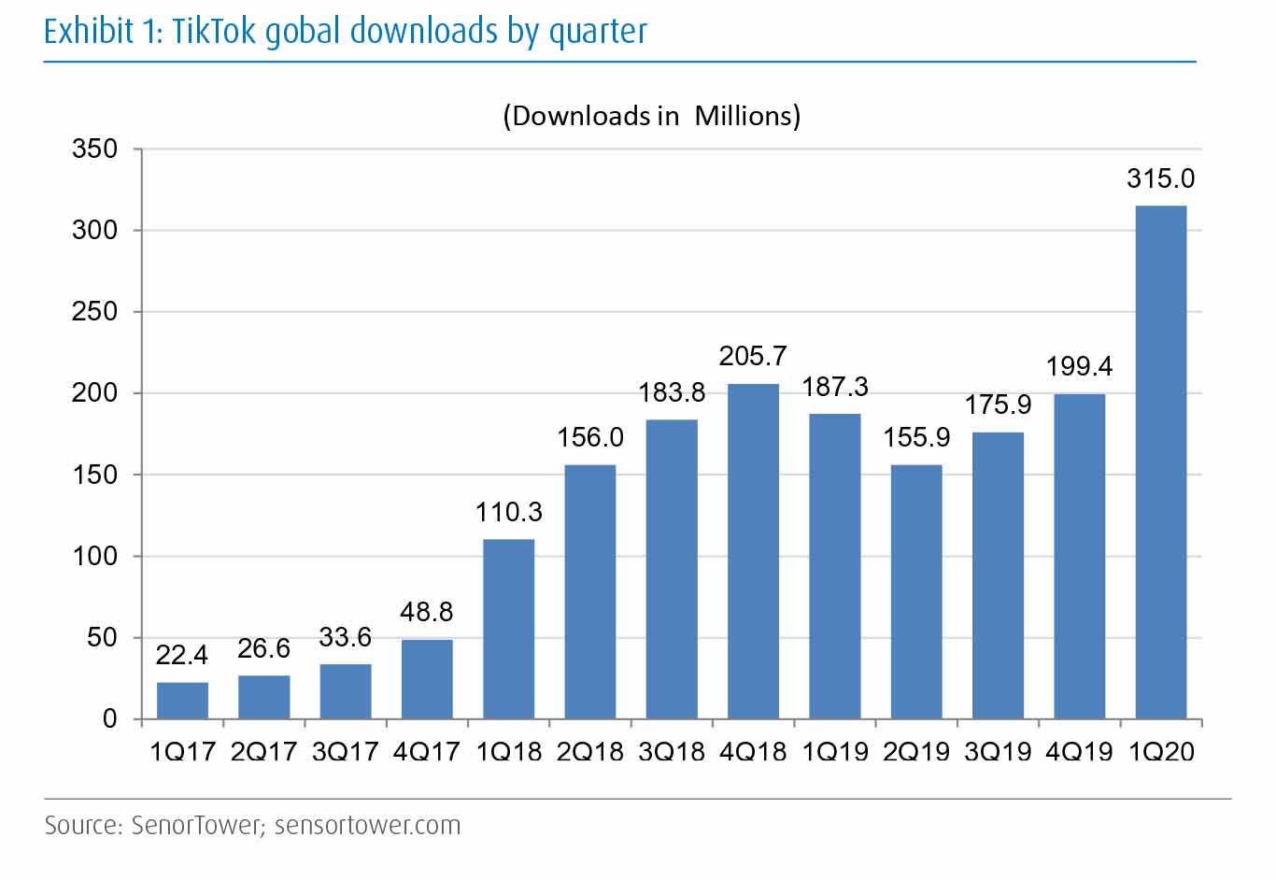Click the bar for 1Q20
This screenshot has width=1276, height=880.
(x=1160, y=462)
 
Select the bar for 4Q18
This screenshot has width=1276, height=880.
(x=753, y=551)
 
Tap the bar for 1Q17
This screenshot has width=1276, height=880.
(x=182, y=701)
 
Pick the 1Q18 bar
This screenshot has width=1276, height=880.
(x=508, y=629)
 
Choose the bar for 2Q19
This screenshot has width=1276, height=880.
(x=916, y=591)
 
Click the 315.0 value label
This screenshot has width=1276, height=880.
(x=1160, y=178)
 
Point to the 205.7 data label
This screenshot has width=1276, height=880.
(x=753, y=356)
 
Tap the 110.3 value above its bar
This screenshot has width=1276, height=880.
(x=508, y=512)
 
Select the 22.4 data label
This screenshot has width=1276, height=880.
(x=181, y=655)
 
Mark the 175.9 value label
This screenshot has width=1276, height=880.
(x=998, y=405)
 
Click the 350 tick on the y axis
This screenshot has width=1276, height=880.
(x=95, y=149)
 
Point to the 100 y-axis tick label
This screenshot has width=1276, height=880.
(x=95, y=557)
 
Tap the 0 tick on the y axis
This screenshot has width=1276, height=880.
(x=110, y=719)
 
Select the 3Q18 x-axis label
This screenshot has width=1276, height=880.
(x=671, y=751)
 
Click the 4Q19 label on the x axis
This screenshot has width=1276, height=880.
(x=1079, y=751)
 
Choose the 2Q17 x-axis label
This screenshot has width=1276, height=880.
(x=263, y=751)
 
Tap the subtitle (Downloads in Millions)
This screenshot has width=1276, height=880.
(x=651, y=116)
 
